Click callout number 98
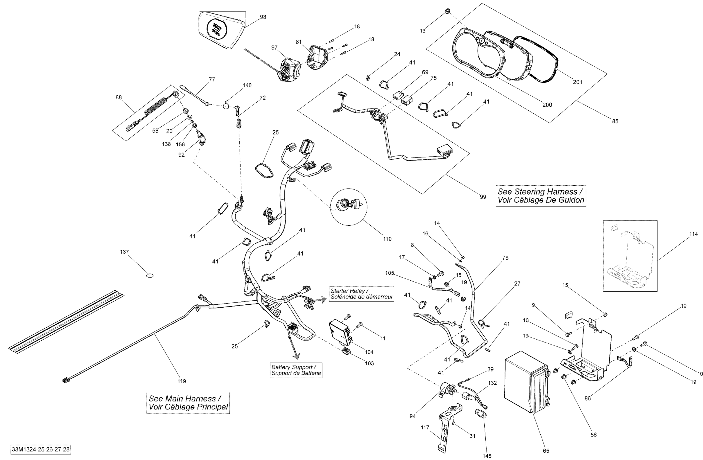pyautogui.click(x=262, y=17)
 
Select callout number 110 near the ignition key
pyautogui.click(x=387, y=239)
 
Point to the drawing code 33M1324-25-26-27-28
pyautogui.click(x=41, y=449)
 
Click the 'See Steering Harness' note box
pyautogui.click(x=541, y=196)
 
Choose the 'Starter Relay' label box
pyautogui.click(x=362, y=294)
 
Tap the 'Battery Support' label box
pyautogui.click(x=296, y=370)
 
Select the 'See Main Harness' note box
pyautogui.click(x=188, y=402)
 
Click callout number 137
pyautogui.click(x=124, y=252)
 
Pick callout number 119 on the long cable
pyautogui.click(x=182, y=381)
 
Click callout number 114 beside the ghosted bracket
pyautogui.click(x=694, y=234)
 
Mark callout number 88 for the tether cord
pyautogui.click(x=119, y=97)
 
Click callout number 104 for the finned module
pyautogui.click(x=369, y=352)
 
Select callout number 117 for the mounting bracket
pyautogui.click(x=425, y=427)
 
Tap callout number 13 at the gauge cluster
pyautogui.click(x=423, y=31)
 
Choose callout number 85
pyautogui.click(x=615, y=121)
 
